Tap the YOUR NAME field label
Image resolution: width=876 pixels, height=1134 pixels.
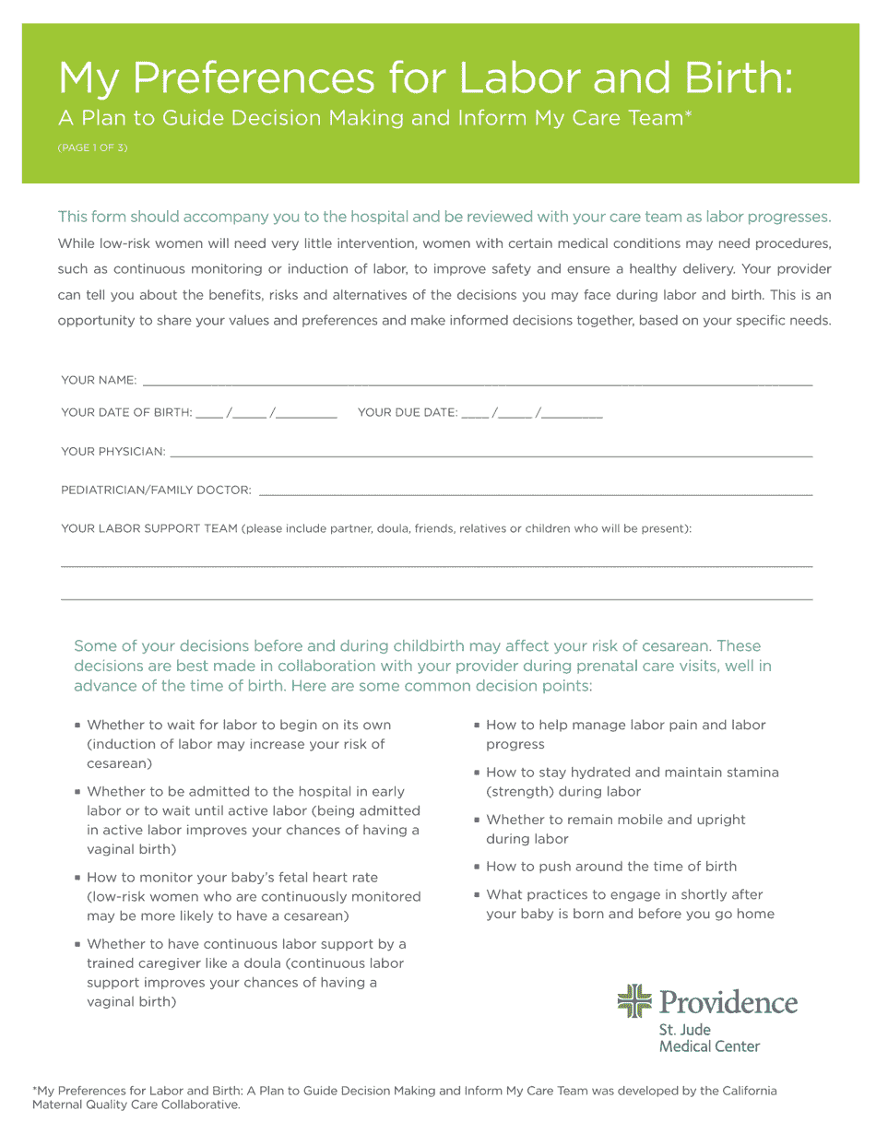point(98,381)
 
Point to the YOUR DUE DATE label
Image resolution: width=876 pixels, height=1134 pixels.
point(407,412)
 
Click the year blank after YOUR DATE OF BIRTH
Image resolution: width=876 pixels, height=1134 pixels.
point(306,415)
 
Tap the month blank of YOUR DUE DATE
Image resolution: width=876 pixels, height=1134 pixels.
point(473,415)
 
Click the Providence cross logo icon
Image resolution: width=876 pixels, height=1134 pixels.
point(633,1001)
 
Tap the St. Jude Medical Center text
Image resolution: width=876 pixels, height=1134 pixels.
point(709,1038)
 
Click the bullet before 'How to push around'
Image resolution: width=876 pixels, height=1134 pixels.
point(477,867)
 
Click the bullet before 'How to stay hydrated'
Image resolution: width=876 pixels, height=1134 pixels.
point(477,773)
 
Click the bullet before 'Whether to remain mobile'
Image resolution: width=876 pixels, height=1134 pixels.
point(477,820)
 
